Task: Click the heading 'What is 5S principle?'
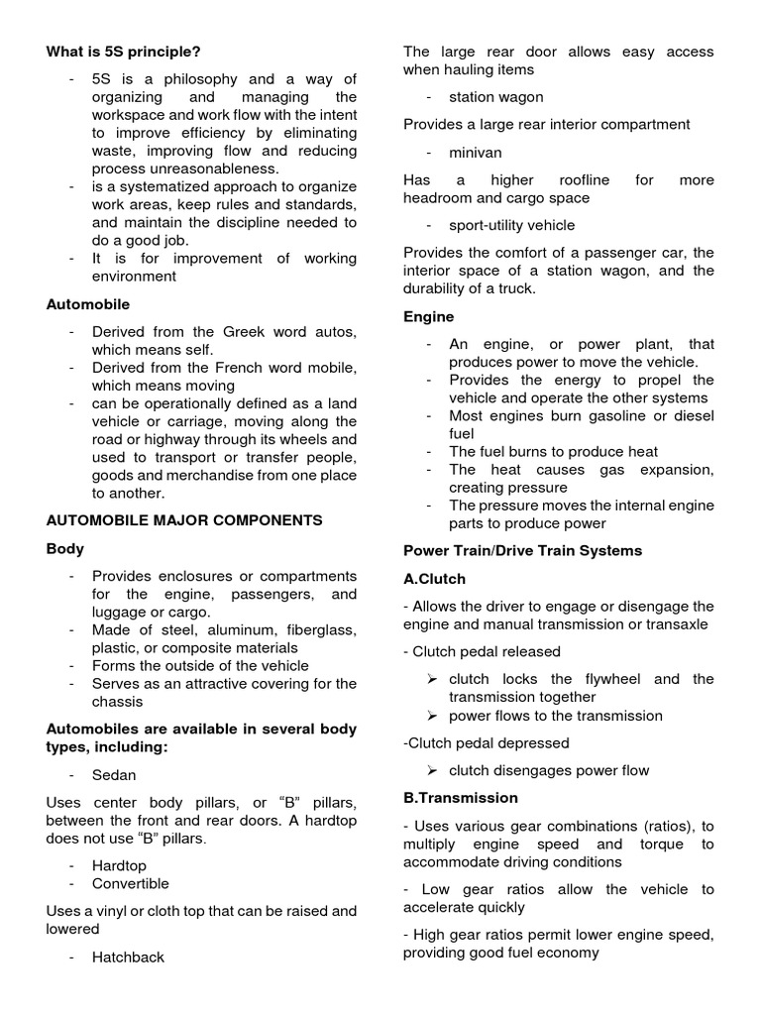coord(130,52)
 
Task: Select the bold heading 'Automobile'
coord(88,304)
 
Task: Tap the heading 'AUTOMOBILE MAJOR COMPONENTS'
coord(184,519)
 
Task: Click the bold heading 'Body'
coord(65,548)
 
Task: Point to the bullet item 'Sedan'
coord(114,775)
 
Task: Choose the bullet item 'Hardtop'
coord(119,865)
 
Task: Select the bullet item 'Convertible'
coord(130,883)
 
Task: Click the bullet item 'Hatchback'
coord(128,958)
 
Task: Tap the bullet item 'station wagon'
coord(495,97)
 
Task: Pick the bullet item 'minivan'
coord(476,153)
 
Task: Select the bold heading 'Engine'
coord(428,316)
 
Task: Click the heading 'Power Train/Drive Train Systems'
coord(522,550)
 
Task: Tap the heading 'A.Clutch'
coord(434,579)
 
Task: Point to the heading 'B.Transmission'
coord(460,797)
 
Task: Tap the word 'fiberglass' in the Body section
coord(308,629)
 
